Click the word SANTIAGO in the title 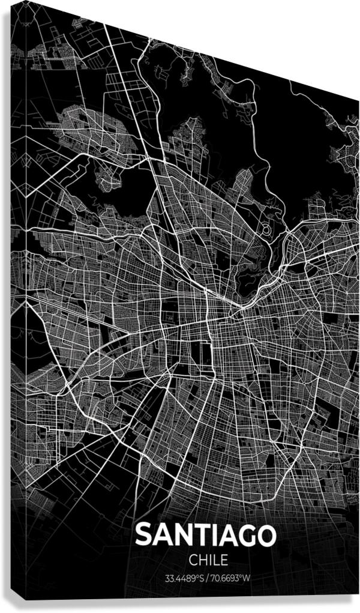point(206,534)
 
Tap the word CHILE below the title point(208,560)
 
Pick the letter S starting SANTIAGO point(144,534)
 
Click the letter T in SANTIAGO point(197,534)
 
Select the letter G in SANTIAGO point(246,534)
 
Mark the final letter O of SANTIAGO point(266,534)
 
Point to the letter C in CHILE point(193,560)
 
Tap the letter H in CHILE point(203,560)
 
